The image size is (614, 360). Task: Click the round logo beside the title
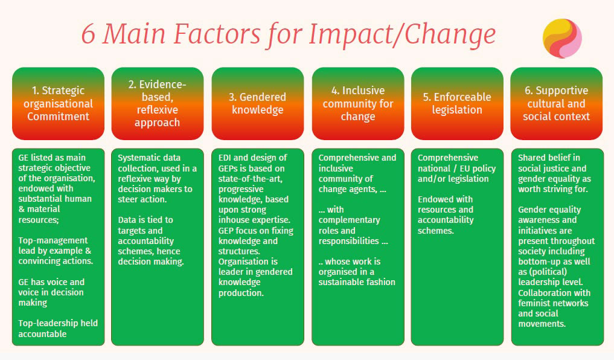pyautogui.click(x=561, y=37)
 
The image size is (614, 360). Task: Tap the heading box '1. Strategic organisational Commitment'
pyautogui.click(x=58, y=103)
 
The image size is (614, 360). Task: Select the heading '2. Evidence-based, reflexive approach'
pyautogui.click(x=157, y=103)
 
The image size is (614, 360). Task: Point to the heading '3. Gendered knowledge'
pyautogui.click(x=257, y=103)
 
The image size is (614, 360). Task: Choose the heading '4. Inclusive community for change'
pyautogui.click(x=357, y=103)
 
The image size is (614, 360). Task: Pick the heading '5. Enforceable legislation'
pyautogui.click(x=457, y=103)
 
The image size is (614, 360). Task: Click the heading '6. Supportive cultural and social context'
pyautogui.click(x=556, y=103)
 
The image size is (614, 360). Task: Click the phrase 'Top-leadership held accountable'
pyautogui.click(x=57, y=328)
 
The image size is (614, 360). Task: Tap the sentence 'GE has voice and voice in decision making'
pyautogui.click(x=51, y=292)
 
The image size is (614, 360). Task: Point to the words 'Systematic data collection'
pyautogui.click(x=149, y=163)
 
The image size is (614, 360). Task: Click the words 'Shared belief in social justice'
pyautogui.click(x=552, y=163)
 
